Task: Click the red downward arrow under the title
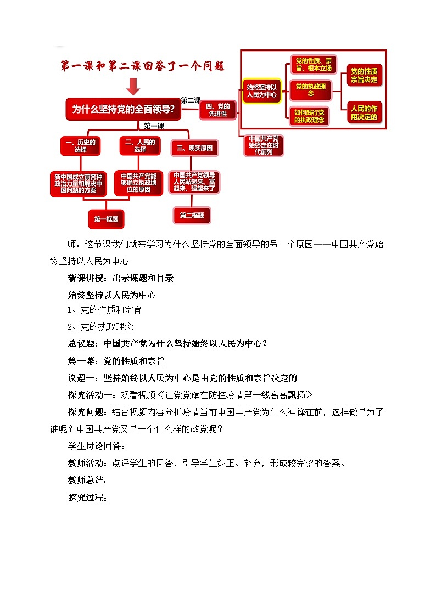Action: click(x=133, y=86)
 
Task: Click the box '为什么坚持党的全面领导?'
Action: click(x=123, y=109)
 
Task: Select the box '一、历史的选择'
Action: click(x=80, y=145)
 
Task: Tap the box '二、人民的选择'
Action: click(x=140, y=145)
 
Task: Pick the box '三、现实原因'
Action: click(x=194, y=148)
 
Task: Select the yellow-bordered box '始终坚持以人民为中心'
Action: click(x=261, y=91)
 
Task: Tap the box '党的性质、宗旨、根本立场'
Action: click(x=313, y=65)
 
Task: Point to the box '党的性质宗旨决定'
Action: click(x=365, y=76)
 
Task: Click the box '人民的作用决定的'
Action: click(x=365, y=112)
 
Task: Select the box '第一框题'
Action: click(x=106, y=219)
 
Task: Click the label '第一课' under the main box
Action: click(x=154, y=126)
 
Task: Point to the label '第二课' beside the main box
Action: click(x=190, y=100)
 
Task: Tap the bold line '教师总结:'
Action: click(x=87, y=481)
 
